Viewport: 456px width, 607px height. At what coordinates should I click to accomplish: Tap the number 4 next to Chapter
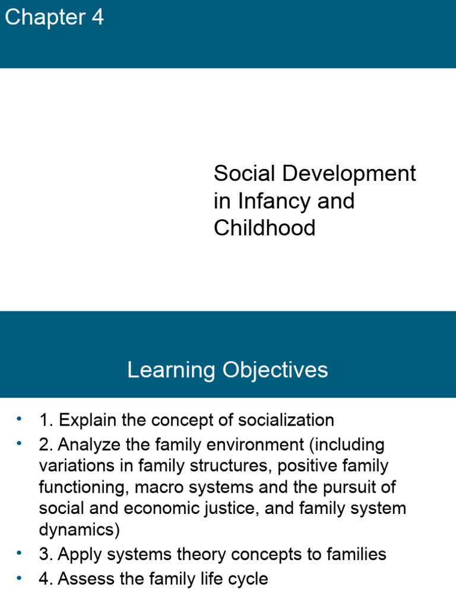coord(97,18)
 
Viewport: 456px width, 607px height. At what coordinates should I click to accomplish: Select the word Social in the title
coord(245,174)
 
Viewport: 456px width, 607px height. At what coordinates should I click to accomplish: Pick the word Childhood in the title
coord(265,228)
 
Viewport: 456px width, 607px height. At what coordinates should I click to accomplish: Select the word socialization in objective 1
coord(286,420)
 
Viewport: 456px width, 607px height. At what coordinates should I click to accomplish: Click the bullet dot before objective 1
coord(19,418)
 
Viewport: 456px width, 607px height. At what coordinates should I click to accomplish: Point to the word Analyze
coord(86,445)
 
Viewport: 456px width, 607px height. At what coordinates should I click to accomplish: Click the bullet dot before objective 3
coord(19,552)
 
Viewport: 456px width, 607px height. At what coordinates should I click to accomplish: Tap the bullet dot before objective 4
coord(19,577)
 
